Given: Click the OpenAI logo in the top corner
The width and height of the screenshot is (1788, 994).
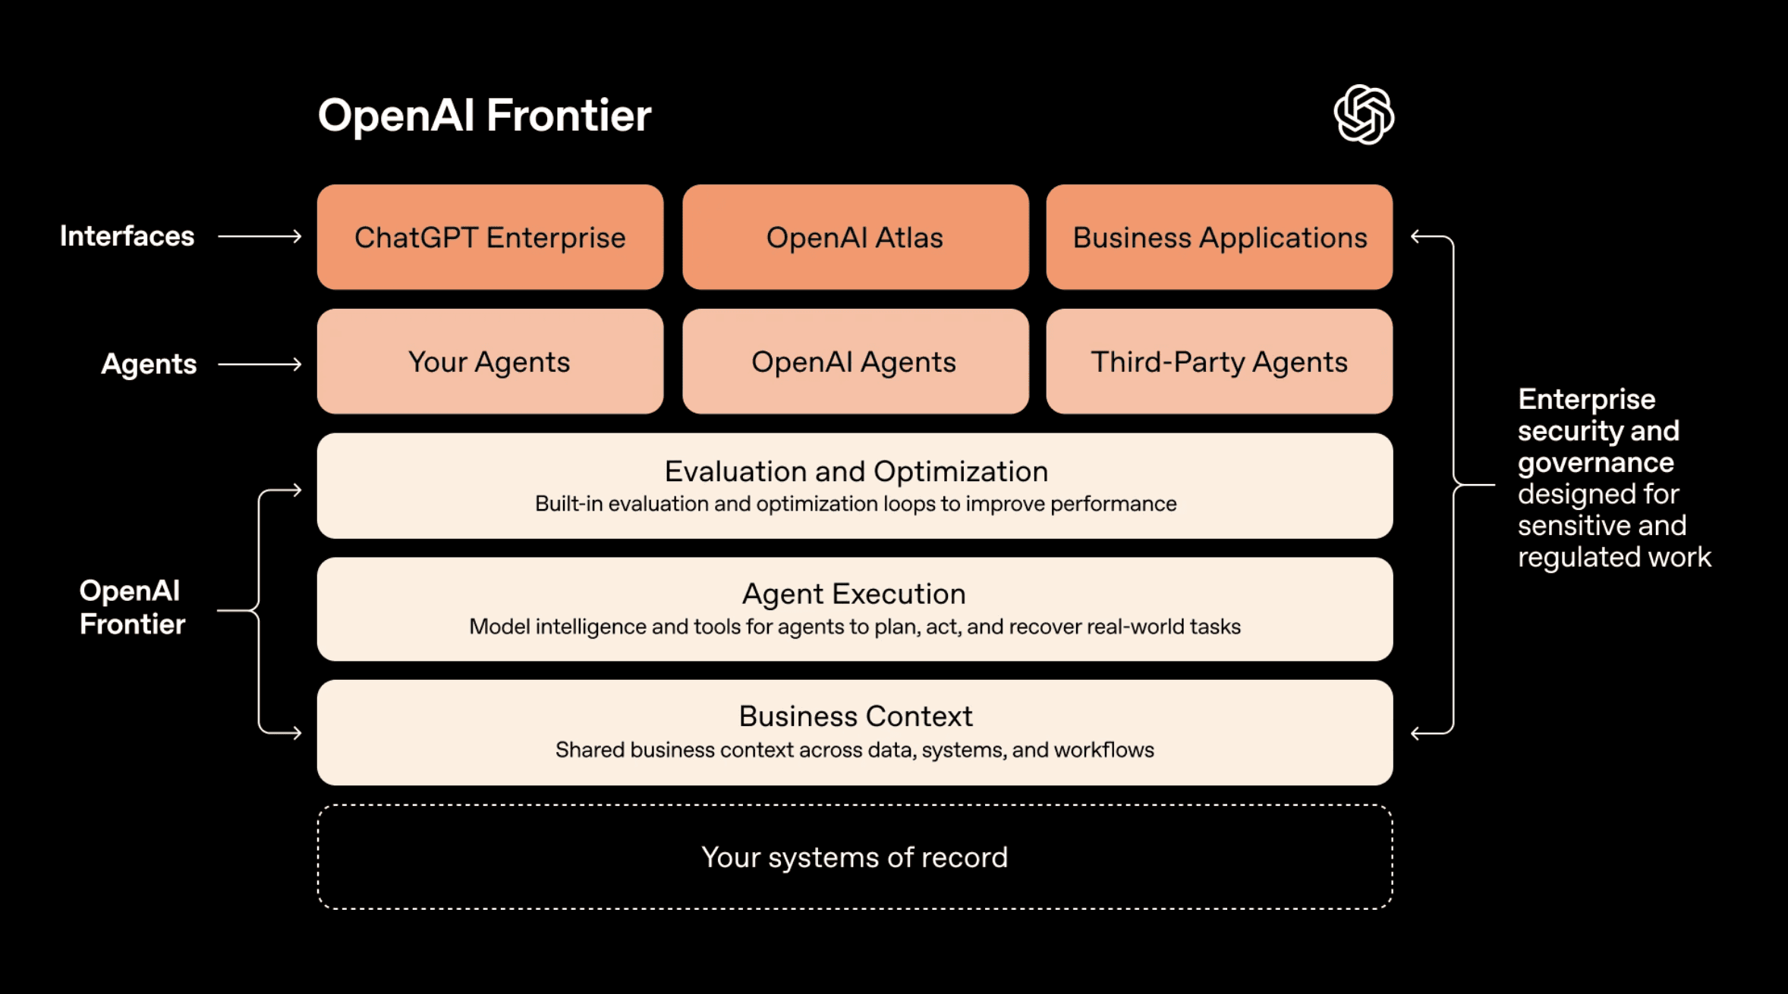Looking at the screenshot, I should pyautogui.click(x=1364, y=115).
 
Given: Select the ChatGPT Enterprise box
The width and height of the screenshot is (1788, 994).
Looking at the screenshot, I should pyautogui.click(x=490, y=237).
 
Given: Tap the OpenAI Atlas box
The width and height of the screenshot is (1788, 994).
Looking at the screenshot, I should pyautogui.click(x=855, y=237).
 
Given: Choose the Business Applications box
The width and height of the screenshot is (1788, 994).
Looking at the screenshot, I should pyautogui.click(x=1220, y=237).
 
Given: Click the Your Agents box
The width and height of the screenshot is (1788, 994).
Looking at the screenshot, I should pyautogui.click(x=490, y=362).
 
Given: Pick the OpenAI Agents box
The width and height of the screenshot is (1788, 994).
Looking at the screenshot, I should pyautogui.click(x=855, y=362).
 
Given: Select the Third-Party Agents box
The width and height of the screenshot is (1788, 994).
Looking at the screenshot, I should pyautogui.click(x=1220, y=362).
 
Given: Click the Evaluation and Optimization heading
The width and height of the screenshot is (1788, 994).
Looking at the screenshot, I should pyautogui.click(x=856, y=472).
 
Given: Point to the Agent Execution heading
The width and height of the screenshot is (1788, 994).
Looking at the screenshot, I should pyautogui.click(x=855, y=594).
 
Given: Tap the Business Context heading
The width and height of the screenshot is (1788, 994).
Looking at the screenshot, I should pyautogui.click(x=855, y=716).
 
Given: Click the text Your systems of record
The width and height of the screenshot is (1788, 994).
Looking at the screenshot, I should pyautogui.click(x=855, y=857).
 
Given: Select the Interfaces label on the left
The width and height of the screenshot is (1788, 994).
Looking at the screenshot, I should pyautogui.click(x=127, y=237).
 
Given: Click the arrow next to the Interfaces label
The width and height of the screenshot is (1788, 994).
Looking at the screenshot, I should pyautogui.click(x=260, y=237).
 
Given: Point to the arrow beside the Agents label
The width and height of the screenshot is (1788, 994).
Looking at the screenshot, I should pyautogui.click(x=260, y=365).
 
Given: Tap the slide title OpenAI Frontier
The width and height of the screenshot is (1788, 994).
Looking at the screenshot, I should pyautogui.click(x=484, y=115).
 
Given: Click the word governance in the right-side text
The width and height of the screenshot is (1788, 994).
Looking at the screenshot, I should pyautogui.click(x=1595, y=463).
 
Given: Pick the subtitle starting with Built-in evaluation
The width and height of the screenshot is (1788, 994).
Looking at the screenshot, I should pyautogui.click(x=855, y=504).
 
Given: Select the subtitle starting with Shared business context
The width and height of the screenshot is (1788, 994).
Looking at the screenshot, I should pyautogui.click(x=855, y=750).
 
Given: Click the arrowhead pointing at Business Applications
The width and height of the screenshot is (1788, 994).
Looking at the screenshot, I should pyautogui.click(x=1416, y=237).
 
